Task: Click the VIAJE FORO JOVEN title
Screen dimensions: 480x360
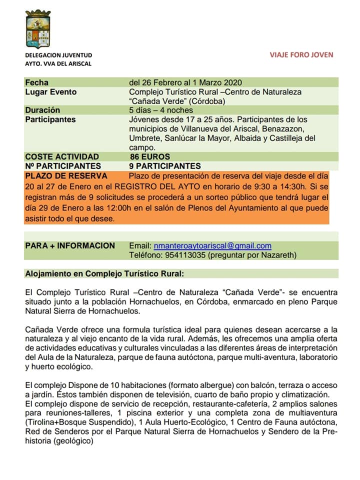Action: [x=301, y=55]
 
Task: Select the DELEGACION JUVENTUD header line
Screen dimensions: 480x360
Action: [x=58, y=55]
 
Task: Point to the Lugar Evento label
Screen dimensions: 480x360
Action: [x=51, y=92]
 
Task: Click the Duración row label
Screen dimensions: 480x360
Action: [x=42, y=110]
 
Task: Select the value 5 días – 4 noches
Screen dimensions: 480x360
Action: [x=160, y=110]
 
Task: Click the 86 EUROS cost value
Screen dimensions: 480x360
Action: [x=150, y=156]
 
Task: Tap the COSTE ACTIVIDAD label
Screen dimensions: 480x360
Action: [x=62, y=156]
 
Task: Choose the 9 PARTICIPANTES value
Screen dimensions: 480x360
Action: [x=165, y=166]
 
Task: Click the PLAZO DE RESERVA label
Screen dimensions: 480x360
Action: [x=66, y=175]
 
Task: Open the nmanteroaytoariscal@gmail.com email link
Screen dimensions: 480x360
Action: [x=212, y=245]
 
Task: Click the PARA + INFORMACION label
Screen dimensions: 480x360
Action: [x=70, y=245]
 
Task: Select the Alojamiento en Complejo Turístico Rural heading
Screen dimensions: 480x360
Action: [x=104, y=273]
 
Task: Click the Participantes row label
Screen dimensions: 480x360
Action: [x=50, y=119]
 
